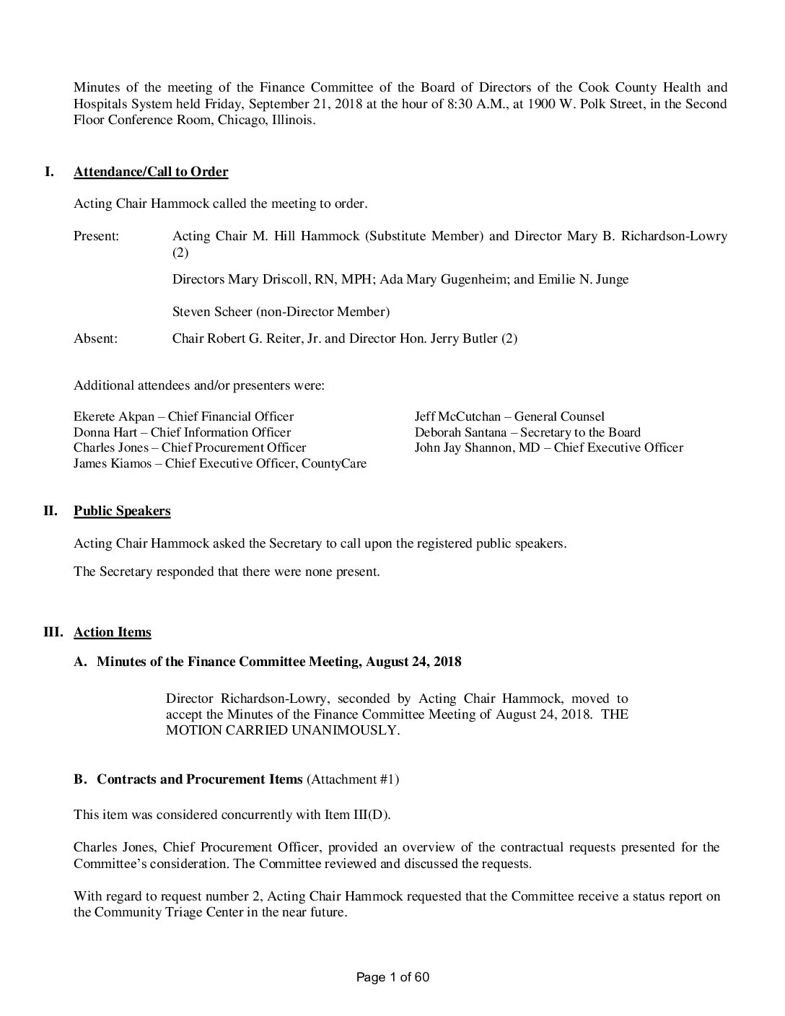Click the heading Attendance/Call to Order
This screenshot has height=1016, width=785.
[x=151, y=172]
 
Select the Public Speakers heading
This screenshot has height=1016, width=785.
[x=122, y=511]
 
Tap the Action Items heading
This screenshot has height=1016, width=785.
[x=113, y=632]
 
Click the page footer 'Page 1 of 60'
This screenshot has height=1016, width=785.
[x=392, y=978]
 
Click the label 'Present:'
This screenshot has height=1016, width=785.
[x=97, y=236]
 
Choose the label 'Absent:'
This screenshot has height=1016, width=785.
[x=95, y=338]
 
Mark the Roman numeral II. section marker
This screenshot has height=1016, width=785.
[x=51, y=511]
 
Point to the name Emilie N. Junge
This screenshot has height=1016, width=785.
[x=583, y=279]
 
